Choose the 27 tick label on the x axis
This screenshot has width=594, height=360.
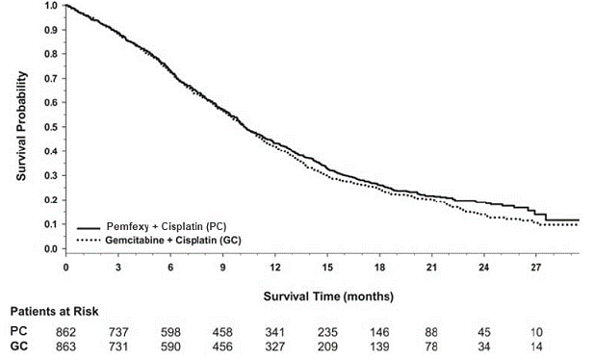(537, 266)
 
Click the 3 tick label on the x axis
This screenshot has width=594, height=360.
(117, 266)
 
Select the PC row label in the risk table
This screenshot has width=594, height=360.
(18, 330)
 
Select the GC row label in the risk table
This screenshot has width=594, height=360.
(18, 345)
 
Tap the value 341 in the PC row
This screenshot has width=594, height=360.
(278, 330)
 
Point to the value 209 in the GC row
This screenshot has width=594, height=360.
(333, 345)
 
